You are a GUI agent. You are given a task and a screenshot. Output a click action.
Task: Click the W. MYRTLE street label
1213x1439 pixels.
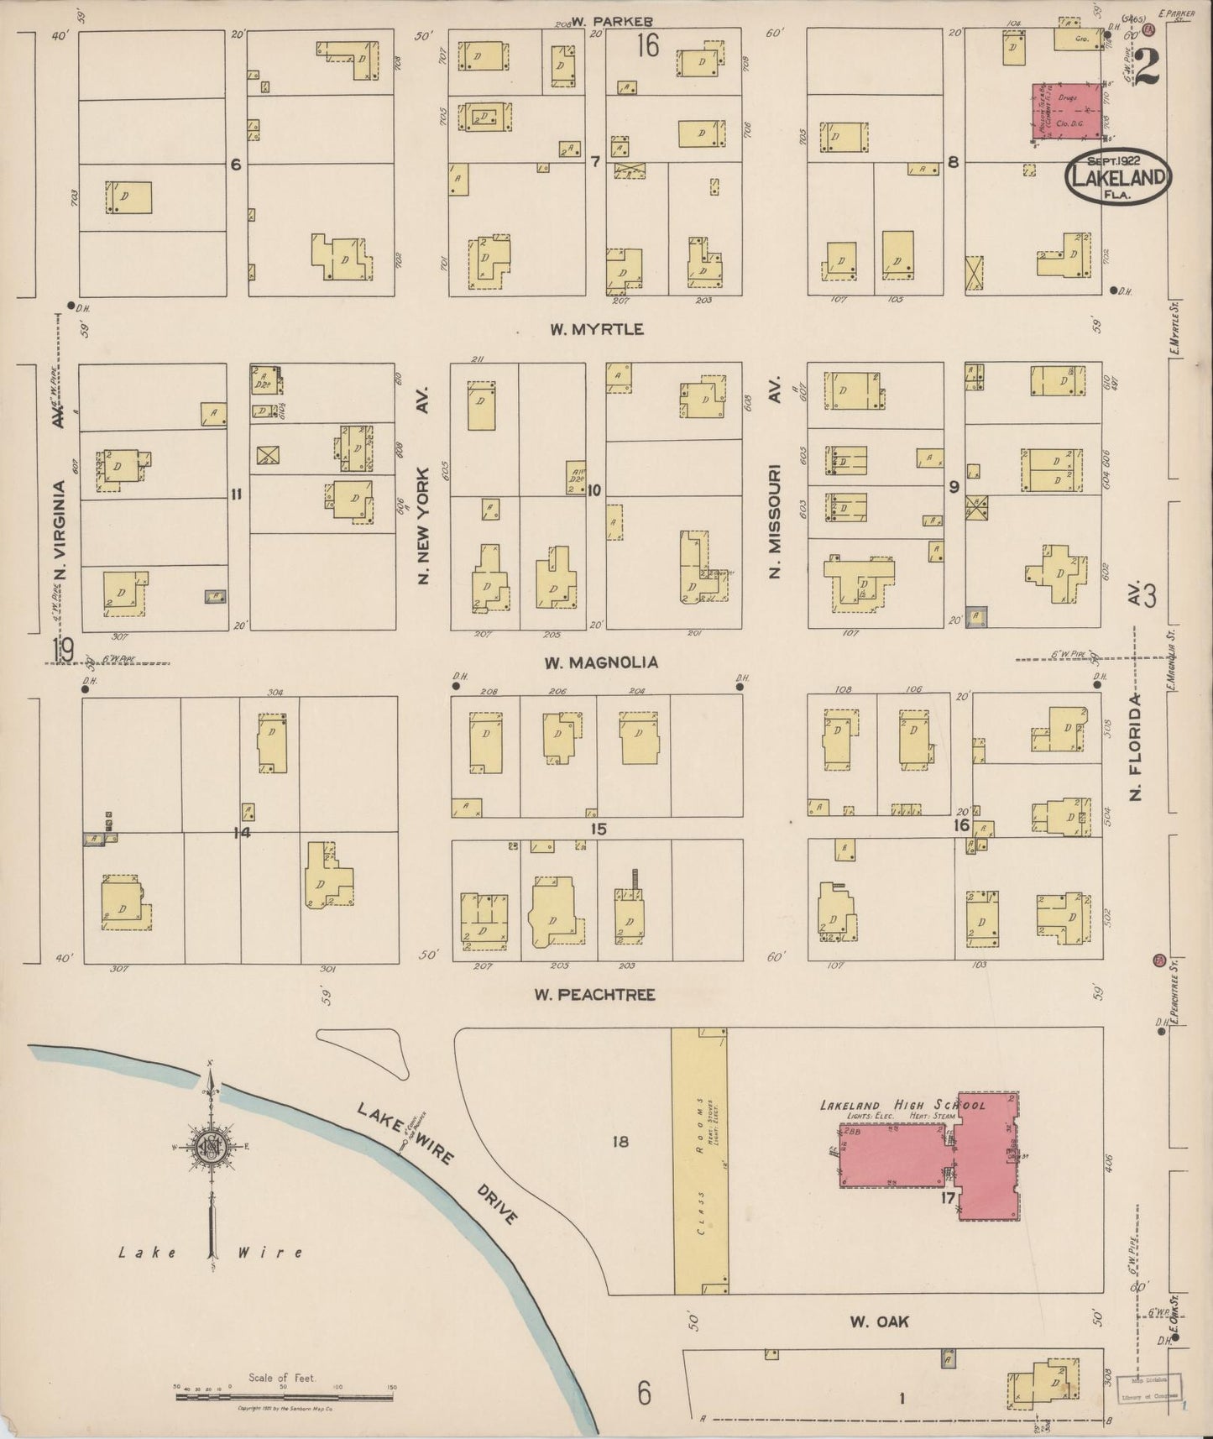pos(597,329)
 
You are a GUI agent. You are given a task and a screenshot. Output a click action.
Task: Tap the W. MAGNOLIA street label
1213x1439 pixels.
pos(600,663)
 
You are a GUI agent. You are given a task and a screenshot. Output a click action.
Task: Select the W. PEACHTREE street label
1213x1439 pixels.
pos(595,995)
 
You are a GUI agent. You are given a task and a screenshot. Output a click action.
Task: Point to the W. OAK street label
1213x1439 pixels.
pos(879,1322)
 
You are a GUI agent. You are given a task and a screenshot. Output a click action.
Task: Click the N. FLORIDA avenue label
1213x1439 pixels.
pos(1137,747)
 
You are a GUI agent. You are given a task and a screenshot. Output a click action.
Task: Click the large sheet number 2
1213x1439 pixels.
pos(1146,67)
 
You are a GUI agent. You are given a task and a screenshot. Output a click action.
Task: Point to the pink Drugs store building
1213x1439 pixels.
pos(1066,111)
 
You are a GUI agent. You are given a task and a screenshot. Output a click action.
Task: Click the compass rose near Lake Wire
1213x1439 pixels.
pos(210,1147)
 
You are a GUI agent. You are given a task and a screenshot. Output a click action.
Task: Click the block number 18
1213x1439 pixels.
pos(620,1142)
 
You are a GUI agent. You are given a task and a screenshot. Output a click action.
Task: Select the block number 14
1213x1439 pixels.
pos(243,833)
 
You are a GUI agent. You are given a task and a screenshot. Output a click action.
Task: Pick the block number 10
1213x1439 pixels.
pos(594,490)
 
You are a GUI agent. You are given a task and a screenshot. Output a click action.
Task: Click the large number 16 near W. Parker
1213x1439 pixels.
pos(647,46)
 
